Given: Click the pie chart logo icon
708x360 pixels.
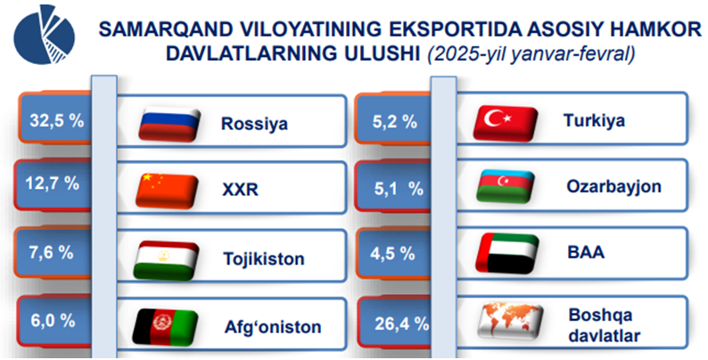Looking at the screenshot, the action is pyautogui.click(x=44, y=36).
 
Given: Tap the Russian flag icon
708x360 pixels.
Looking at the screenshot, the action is pyautogui.click(x=169, y=125).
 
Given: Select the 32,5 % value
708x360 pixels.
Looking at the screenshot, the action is pyautogui.click(x=57, y=121).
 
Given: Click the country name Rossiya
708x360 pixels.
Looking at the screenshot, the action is pyautogui.click(x=254, y=123).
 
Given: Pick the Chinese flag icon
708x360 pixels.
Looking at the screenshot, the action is pyautogui.click(x=167, y=191).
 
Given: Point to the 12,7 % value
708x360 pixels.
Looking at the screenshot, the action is pyautogui.click(x=53, y=184).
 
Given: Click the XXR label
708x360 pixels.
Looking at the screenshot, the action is pyautogui.click(x=240, y=190).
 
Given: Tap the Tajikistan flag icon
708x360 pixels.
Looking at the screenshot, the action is pyautogui.click(x=166, y=260).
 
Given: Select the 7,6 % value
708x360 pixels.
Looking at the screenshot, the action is pyautogui.click(x=51, y=252).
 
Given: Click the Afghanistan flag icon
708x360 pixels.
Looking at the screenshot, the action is pyautogui.click(x=165, y=327).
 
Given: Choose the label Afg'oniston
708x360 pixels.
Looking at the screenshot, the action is pyautogui.click(x=273, y=327).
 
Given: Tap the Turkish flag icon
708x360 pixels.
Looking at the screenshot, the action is pyautogui.click(x=506, y=122).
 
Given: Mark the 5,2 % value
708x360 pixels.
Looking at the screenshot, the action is pyautogui.click(x=395, y=122).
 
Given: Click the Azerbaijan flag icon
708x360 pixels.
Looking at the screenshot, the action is pyautogui.click(x=505, y=187).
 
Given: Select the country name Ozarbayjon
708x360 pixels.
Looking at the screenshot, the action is pyautogui.click(x=613, y=186).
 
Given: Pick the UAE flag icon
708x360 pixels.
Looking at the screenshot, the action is pyautogui.click(x=507, y=254).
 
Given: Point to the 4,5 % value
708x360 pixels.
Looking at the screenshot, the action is pyautogui.click(x=392, y=254).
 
